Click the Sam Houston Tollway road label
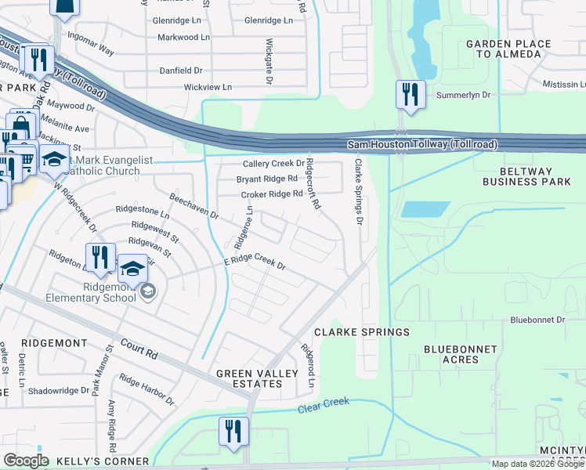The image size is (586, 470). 422,145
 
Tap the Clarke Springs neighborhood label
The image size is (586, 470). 362,332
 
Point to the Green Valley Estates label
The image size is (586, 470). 248,378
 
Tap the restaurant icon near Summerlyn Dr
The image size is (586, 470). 411,95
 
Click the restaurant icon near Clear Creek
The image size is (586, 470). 233,432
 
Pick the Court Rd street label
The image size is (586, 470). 139,349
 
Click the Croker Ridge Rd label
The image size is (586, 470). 271,194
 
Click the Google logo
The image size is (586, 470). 26,461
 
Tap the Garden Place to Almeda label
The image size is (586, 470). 504,49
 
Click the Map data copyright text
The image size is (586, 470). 537,464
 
